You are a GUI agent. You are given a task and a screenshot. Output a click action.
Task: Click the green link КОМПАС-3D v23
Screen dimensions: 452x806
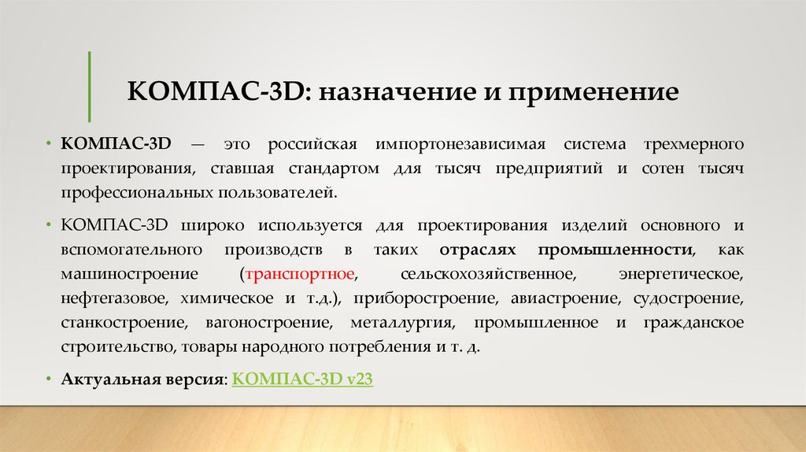303,379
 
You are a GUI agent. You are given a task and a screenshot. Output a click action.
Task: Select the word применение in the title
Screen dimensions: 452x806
595,92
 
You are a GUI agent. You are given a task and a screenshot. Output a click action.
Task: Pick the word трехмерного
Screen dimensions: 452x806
695,144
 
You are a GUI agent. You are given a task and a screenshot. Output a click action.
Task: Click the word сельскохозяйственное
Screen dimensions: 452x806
485,275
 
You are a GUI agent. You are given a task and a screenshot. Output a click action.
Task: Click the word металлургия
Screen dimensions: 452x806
407,323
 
